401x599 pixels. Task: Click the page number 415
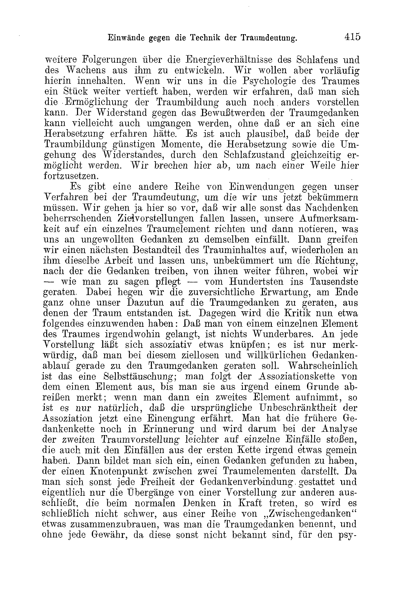click(x=352, y=37)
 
